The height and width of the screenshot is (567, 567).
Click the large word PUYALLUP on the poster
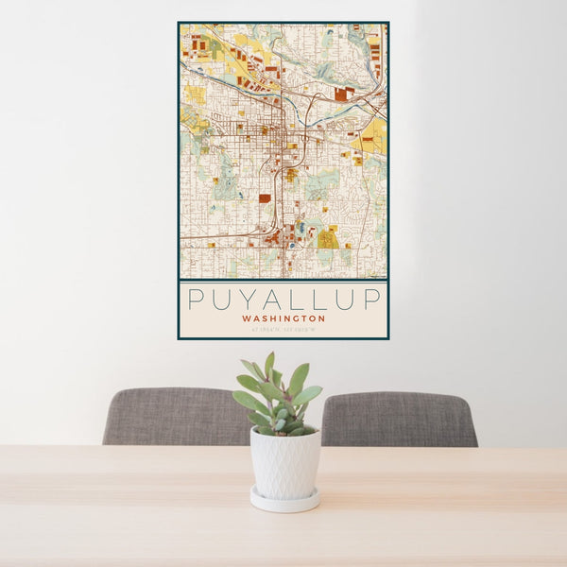(283, 299)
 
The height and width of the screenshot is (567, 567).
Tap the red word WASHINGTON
(283, 318)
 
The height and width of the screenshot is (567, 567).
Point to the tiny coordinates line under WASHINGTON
(283, 329)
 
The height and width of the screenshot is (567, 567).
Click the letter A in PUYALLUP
(270, 299)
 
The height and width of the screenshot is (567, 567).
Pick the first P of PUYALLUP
(195, 299)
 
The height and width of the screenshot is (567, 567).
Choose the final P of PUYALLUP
(372, 299)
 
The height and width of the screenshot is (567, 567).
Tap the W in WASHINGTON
(246, 318)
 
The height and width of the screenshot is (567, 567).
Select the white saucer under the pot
(284, 500)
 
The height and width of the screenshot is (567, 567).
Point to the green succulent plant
(278, 397)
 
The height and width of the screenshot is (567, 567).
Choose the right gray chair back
(399, 420)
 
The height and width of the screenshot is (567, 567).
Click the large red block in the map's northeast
(340, 94)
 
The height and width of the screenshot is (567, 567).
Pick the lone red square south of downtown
(265, 198)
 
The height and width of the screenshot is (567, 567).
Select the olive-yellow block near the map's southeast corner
(328, 238)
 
